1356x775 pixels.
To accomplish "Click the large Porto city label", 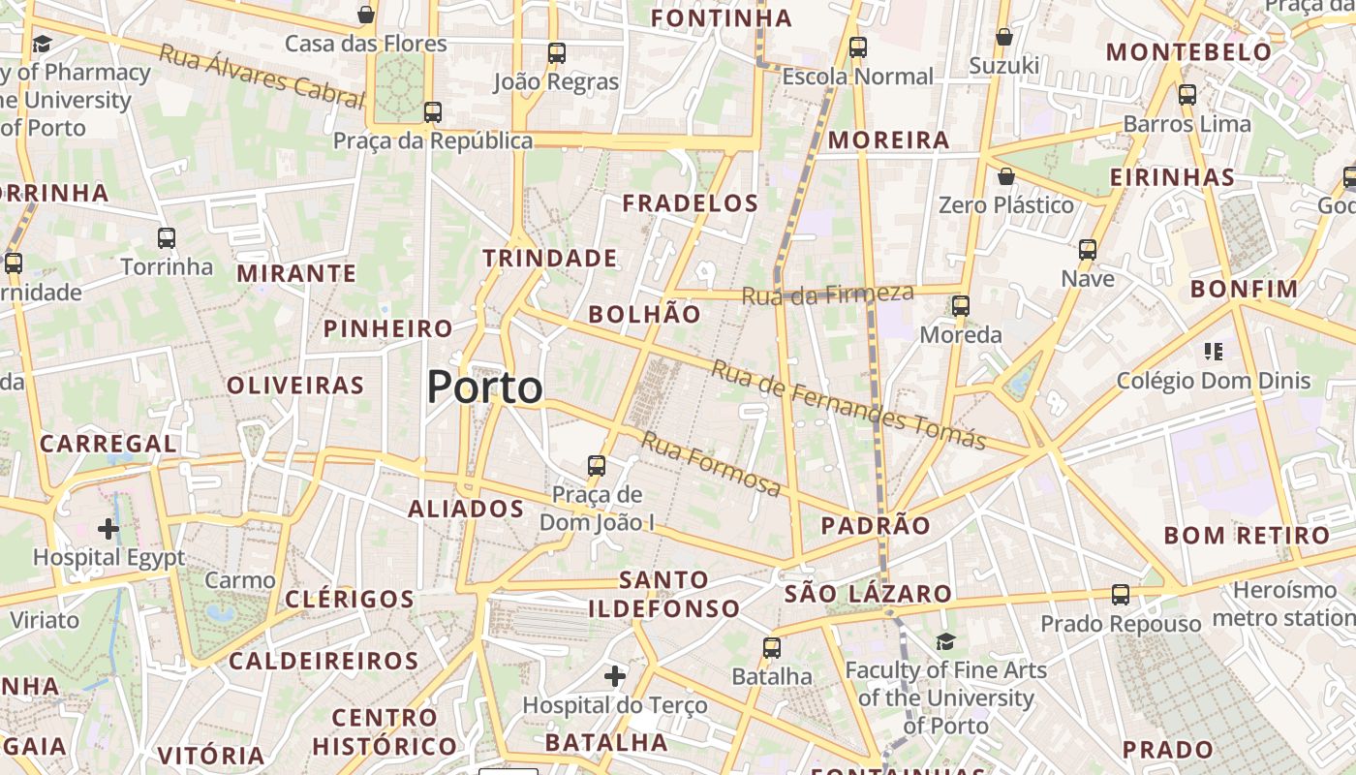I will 484,387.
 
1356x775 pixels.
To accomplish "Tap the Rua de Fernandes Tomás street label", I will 848,405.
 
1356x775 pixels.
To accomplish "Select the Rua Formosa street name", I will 711,464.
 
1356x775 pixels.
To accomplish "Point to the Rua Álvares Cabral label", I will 262,75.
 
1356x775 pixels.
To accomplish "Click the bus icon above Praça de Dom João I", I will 597,466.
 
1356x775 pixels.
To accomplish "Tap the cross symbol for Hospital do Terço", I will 615,675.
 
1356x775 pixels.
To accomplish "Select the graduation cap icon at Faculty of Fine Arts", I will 945,641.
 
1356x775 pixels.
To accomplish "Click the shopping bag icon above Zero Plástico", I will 1006,176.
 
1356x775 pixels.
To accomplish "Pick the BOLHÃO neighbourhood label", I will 644,314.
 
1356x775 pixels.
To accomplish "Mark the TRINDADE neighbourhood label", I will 549,259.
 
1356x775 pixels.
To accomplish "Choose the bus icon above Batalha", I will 772,647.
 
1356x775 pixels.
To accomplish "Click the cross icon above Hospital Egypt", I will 108,529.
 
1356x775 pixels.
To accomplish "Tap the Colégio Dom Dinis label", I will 1214,381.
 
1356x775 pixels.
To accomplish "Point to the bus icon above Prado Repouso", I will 1121,595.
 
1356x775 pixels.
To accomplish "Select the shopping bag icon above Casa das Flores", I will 366,15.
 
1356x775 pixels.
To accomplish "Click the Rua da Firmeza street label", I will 828,294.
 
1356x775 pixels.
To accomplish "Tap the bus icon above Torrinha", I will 167,237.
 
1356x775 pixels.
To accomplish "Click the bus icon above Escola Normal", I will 857,46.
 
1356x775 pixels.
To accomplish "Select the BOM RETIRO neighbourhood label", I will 1247,536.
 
